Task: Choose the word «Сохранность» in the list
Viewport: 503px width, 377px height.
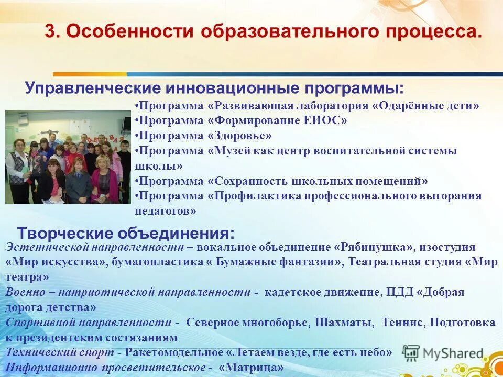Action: tap(250, 181)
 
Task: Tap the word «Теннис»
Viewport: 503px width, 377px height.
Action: tap(401, 322)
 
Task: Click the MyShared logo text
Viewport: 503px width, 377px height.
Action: tap(453, 353)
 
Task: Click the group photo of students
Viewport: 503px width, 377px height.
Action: tap(68, 157)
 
